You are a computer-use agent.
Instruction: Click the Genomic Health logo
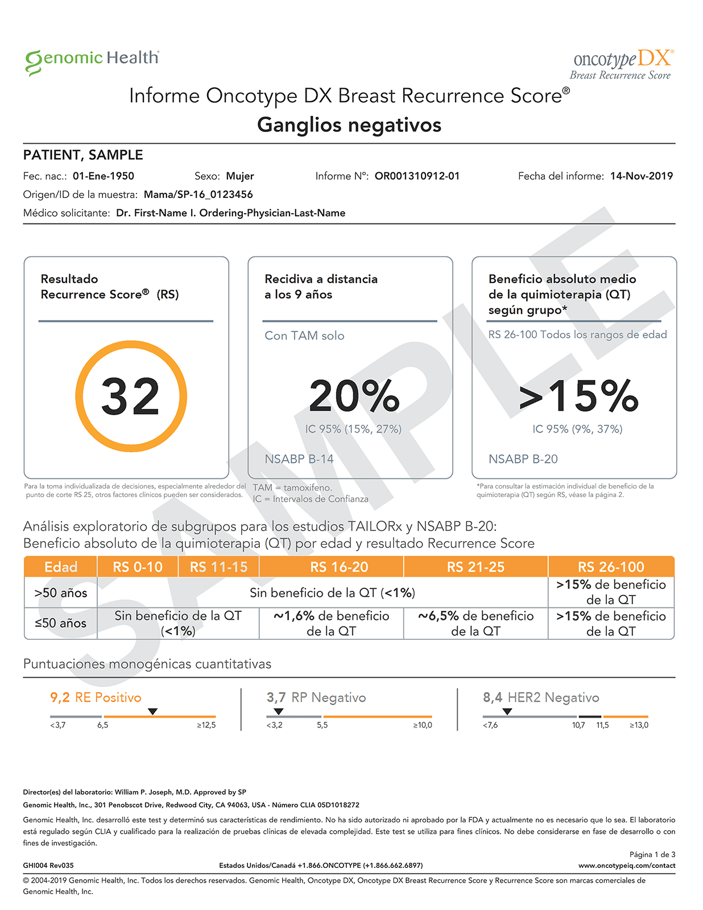pyautogui.click(x=92, y=60)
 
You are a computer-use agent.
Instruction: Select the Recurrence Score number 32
pyautogui.click(x=131, y=396)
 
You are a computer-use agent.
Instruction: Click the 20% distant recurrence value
pyautogui.click(x=354, y=396)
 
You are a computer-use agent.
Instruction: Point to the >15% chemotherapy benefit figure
pyautogui.click(x=578, y=396)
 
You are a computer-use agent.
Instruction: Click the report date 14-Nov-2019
pyautogui.click(x=641, y=176)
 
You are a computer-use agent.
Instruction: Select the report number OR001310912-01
pyautogui.click(x=417, y=176)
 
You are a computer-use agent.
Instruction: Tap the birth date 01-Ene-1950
pyautogui.click(x=104, y=176)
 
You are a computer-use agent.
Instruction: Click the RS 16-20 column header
pyautogui.click(x=339, y=567)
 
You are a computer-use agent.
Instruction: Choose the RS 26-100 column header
pyautogui.click(x=611, y=567)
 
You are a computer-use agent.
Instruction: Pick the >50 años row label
pyautogui.click(x=61, y=593)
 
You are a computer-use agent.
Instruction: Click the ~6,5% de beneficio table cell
pyautogui.click(x=475, y=623)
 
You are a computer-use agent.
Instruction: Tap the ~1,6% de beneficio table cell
pyautogui.click(x=331, y=623)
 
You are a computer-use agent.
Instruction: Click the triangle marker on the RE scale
pyautogui.click(x=152, y=712)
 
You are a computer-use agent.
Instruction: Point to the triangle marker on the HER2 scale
pyautogui.click(x=507, y=712)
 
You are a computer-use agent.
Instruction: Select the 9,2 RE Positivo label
pyautogui.click(x=96, y=697)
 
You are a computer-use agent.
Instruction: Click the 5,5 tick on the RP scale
pyautogui.click(x=322, y=725)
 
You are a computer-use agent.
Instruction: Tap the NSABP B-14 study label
pyautogui.click(x=299, y=459)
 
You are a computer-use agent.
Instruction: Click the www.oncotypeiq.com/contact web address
pyautogui.click(x=627, y=866)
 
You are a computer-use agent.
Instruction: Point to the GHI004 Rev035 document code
pyautogui.click(x=48, y=866)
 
